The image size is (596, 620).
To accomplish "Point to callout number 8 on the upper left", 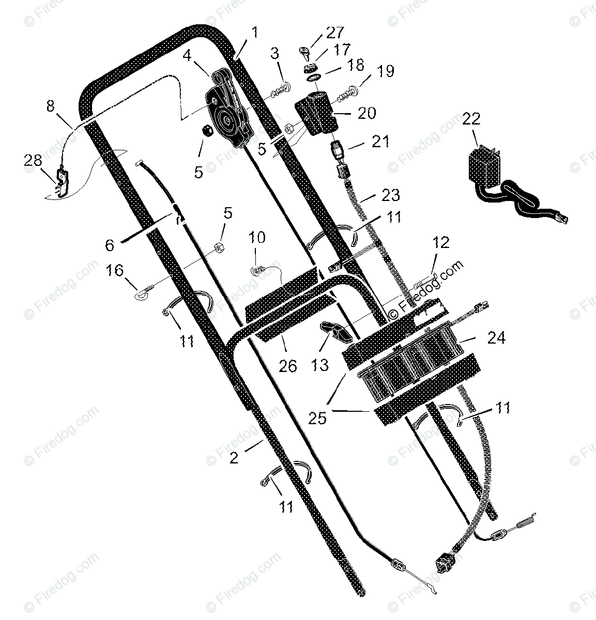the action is point(50,106).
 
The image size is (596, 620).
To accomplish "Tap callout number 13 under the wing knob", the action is point(320,365).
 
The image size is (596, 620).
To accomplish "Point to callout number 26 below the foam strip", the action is point(288,366).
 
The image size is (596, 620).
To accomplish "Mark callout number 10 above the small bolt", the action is point(257,238).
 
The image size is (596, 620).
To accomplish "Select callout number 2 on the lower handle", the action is point(234,457).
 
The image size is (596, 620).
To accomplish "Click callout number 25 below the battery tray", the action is point(318,417).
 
